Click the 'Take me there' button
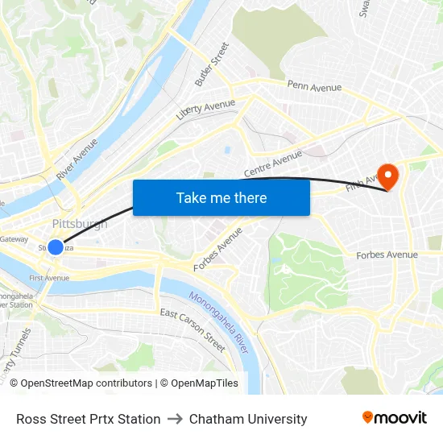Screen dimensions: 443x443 click(x=221, y=197)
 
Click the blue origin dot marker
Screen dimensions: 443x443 click(x=55, y=247)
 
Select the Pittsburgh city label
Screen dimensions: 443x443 click(x=79, y=224)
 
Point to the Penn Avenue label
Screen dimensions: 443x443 click(x=314, y=86)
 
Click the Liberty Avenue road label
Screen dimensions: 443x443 click(x=205, y=109)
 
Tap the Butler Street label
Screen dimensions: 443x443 click(x=213, y=64)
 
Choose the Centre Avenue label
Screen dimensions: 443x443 click(x=272, y=164)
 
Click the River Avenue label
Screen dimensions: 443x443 click(x=77, y=159)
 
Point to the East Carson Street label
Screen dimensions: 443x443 click(x=193, y=329)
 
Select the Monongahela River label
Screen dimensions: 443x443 click(x=219, y=320)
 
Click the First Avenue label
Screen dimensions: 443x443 click(x=49, y=278)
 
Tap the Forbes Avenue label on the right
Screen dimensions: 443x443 click(x=387, y=255)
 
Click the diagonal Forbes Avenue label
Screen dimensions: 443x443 click(x=217, y=249)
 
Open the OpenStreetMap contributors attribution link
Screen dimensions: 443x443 click(x=81, y=383)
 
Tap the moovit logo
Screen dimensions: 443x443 click(x=394, y=418)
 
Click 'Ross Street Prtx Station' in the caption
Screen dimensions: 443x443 click(x=88, y=419)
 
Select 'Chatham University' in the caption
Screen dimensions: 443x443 click(x=248, y=419)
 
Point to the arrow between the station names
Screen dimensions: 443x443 click(x=175, y=419)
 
